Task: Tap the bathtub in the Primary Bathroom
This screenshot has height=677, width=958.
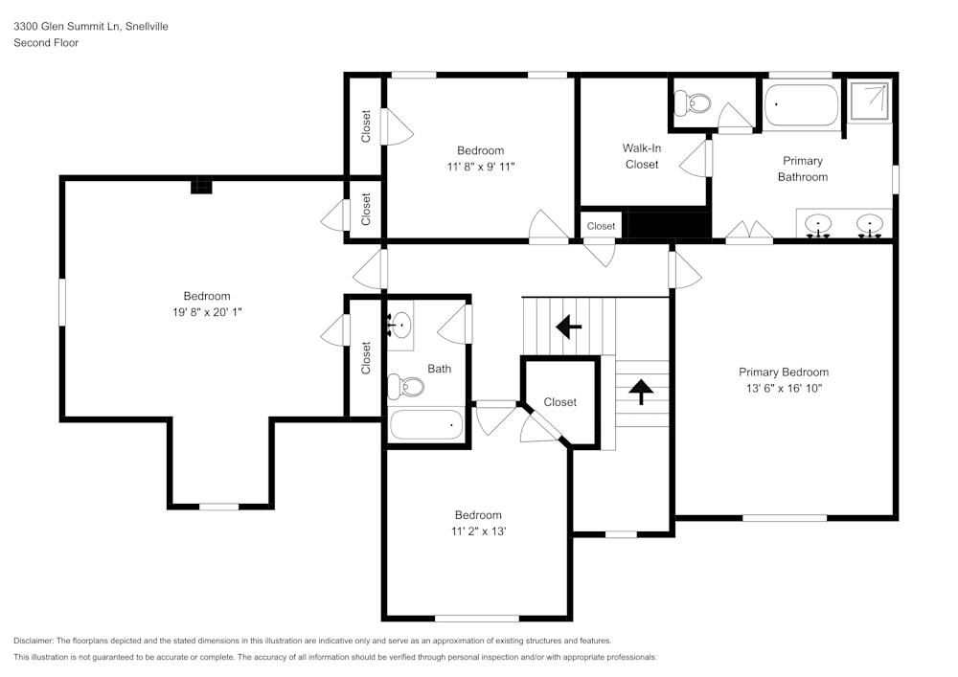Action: click(x=802, y=103)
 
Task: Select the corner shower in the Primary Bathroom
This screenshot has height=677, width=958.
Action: click(x=870, y=100)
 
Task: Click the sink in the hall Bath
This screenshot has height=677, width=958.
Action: click(x=400, y=325)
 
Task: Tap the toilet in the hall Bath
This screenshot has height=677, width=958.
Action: click(x=406, y=387)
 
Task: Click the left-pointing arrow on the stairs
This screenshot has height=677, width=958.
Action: click(x=568, y=327)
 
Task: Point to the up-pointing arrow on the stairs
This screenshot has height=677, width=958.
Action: click(x=640, y=388)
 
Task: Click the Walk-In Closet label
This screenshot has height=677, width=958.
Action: click(x=641, y=156)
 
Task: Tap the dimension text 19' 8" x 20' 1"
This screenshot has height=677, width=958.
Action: click(x=207, y=312)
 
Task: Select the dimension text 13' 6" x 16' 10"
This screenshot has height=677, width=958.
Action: click(x=783, y=388)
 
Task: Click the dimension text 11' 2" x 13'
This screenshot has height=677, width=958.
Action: click(x=478, y=530)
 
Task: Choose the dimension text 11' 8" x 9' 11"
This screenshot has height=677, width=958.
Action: click(x=480, y=166)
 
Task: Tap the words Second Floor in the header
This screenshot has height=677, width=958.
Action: click(x=46, y=43)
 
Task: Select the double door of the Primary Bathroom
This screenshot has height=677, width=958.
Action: click(x=748, y=231)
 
